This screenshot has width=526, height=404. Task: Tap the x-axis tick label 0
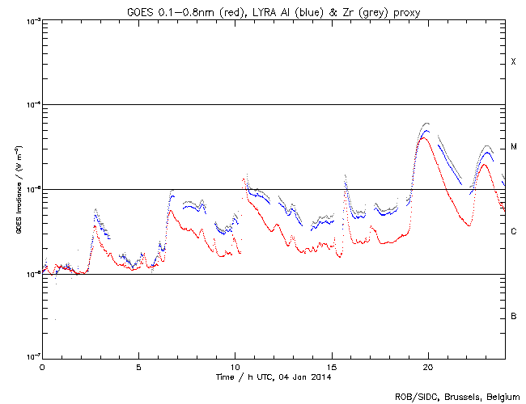pos(42,367)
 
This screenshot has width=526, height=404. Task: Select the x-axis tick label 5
pos(138,367)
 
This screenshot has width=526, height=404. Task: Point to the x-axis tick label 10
pos(235,367)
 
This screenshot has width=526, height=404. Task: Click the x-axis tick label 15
pos(332,367)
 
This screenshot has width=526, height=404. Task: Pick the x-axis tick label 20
pos(428,367)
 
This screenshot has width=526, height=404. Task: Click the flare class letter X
pos(513,62)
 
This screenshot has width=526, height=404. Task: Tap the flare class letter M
pos(513,147)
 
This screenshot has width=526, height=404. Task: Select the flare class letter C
pos(513,232)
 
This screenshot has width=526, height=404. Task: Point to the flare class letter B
pos(513,316)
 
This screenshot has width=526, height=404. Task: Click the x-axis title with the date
pos(273,377)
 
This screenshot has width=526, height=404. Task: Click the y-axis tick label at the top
pos(32,20)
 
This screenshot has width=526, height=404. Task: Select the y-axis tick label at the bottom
pos(32,358)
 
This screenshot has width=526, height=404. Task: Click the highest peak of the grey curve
pos(426,124)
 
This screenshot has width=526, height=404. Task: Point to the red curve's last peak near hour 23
pos(484,164)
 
